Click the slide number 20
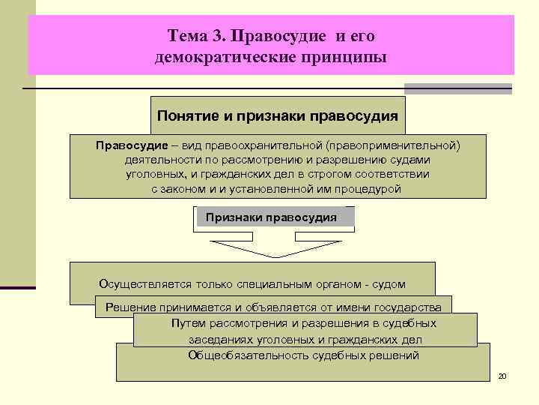[x=502, y=375]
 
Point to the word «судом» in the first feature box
[x=386, y=284]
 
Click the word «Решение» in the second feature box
[x=130, y=307]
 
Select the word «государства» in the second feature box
[x=410, y=307]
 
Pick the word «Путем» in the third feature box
[x=188, y=323]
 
